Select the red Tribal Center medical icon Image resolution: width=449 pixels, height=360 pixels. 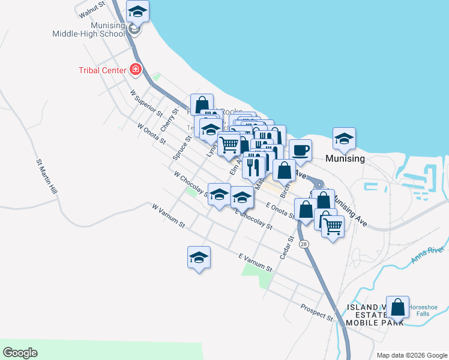(136, 70)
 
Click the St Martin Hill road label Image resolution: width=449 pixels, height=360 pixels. (46, 176)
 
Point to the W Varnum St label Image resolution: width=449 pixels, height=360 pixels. (168, 215)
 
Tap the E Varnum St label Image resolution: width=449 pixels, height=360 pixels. (255, 262)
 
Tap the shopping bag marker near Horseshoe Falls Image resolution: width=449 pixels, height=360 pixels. (397, 308)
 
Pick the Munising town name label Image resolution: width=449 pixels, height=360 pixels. (345, 159)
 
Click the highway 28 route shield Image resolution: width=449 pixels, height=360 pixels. (304, 244)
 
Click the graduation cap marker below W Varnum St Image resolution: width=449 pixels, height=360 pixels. (199, 258)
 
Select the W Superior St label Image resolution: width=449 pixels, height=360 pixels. (146, 103)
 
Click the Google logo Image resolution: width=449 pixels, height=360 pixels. (20, 353)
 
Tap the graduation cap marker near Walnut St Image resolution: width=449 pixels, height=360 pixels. (138, 11)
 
